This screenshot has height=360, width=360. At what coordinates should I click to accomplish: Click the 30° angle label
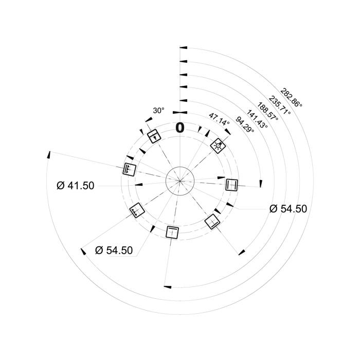158,111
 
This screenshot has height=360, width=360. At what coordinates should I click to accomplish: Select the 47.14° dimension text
219,119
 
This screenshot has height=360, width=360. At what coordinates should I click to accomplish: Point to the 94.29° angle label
245,124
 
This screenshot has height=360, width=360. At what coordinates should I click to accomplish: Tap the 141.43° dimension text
257,119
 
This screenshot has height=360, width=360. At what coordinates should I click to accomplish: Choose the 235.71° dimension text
280,105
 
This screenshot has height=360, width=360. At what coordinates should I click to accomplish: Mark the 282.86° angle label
291,98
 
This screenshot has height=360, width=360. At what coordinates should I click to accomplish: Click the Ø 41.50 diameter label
75,186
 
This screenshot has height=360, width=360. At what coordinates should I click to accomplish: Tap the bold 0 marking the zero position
180,128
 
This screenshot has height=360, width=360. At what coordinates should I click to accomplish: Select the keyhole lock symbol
154,136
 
